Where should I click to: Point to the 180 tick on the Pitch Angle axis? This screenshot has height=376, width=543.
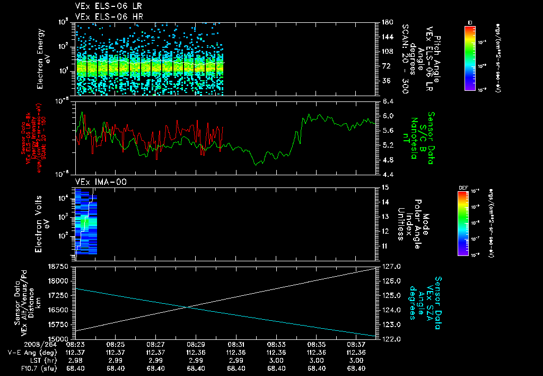[x=387, y=22]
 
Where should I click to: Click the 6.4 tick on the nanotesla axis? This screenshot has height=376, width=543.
[x=387, y=101]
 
